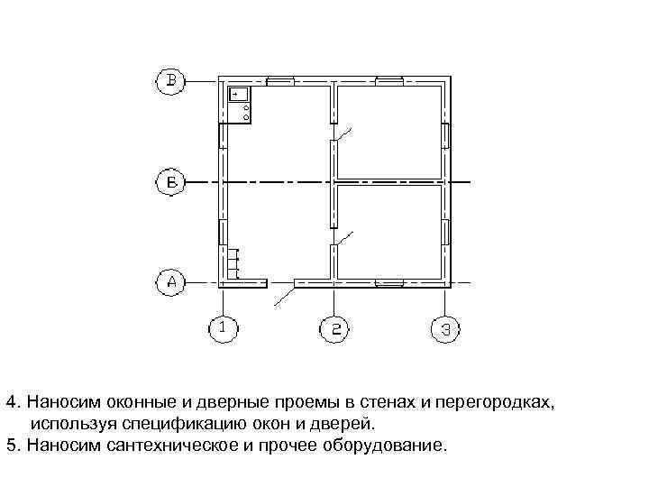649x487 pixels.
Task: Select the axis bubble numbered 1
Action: [x=224, y=329]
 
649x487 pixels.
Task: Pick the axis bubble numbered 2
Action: [x=334, y=329]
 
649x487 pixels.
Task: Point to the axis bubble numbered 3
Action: [x=444, y=329]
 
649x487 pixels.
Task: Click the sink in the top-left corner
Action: [x=239, y=93]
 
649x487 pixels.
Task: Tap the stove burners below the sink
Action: [x=246, y=112]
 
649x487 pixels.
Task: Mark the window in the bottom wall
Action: [x=388, y=283]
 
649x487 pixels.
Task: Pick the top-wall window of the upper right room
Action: [x=388, y=81]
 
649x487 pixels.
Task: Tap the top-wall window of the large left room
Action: [x=279, y=81]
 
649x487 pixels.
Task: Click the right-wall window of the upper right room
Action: [x=445, y=135]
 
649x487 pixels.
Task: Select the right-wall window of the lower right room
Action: [x=445, y=232]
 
